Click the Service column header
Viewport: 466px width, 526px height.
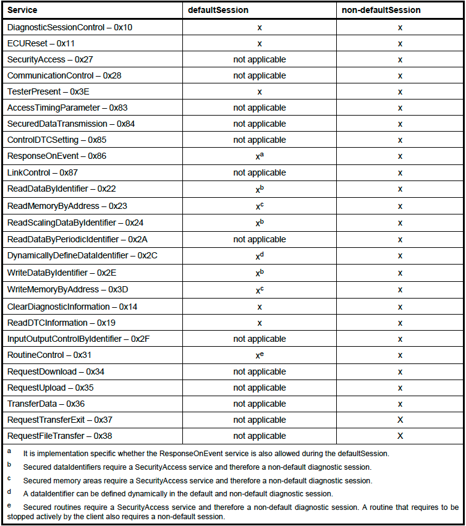coord(22,11)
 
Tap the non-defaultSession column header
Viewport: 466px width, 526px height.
coord(381,11)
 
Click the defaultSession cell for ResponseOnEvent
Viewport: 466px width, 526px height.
coord(260,156)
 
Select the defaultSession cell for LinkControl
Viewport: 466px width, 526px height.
coord(260,172)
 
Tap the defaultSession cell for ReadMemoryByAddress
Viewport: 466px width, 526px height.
coord(260,206)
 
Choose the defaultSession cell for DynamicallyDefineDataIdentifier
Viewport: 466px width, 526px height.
coord(260,255)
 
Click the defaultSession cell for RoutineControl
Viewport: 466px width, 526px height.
coord(260,355)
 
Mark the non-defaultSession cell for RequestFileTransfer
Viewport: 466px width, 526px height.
coord(400,436)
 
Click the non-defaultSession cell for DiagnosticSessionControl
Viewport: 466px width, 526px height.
coord(400,28)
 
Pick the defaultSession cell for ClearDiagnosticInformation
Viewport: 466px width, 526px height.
coord(260,307)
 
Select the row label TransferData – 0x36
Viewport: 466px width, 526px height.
coord(46,404)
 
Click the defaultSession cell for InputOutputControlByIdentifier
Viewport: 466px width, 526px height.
coord(260,339)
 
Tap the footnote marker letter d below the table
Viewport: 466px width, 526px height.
coord(9,492)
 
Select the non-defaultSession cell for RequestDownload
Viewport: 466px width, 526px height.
coord(400,371)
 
